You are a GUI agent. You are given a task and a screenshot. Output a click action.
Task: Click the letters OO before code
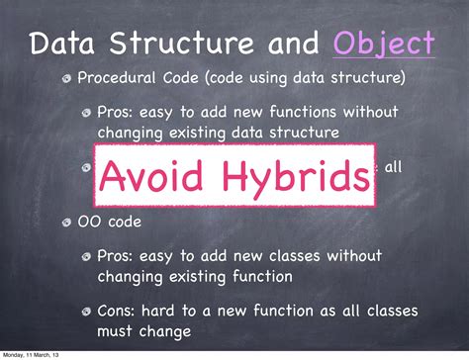coord(88,223)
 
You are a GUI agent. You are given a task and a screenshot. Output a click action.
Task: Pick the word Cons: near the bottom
coord(118,312)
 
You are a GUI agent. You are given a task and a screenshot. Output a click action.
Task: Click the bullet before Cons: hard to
coord(88,313)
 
